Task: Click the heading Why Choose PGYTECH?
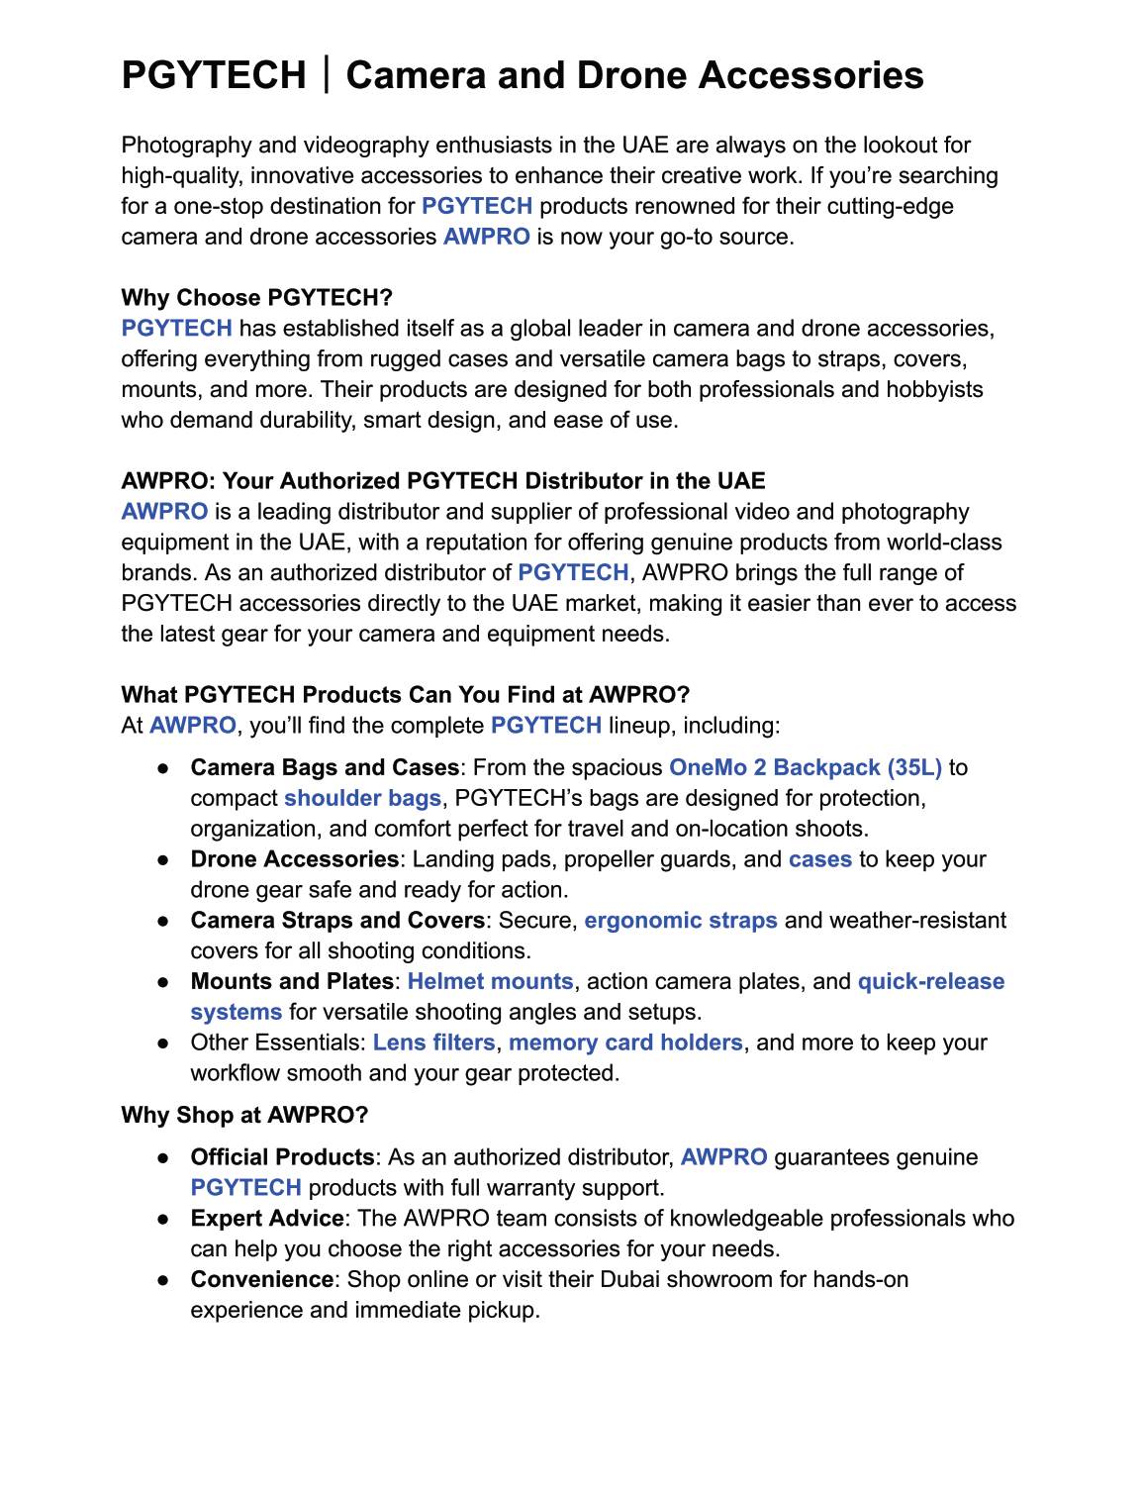tap(256, 298)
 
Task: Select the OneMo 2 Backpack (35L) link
tap(806, 767)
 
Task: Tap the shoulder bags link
tap(362, 798)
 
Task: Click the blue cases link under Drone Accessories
tap(819, 859)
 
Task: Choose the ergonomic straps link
tap(681, 921)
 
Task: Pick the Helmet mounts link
tap(490, 982)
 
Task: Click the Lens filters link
tap(433, 1043)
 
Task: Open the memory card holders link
tap(625, 1043)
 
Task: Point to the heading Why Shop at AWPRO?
tap(244, 1115)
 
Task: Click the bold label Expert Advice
tap(267, 1219)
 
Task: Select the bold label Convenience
tap(262, 1279)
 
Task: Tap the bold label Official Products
tap(282, 1157)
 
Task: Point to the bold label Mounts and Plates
tap(292, 982)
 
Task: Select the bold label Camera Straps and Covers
tap(337, 921)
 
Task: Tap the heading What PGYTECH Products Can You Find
tap(405, 694)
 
